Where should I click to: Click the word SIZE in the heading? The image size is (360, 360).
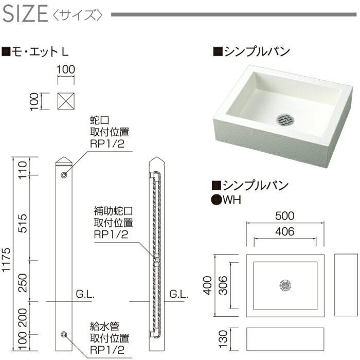(x=25, y=14)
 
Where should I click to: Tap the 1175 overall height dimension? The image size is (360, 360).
(x=6, y=260)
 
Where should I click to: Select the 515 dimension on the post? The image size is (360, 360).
(x=23, y=223)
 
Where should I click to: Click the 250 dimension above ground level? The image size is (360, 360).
(x=23, y=283)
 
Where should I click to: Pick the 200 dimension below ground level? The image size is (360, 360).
(x=23, y=317)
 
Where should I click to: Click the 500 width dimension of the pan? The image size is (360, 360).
(x=285, y=215)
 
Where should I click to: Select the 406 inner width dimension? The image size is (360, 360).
(x=285, y=231)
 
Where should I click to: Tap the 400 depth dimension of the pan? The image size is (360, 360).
(x=208, y=285)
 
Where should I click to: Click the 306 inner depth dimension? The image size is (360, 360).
(x=223, y=285)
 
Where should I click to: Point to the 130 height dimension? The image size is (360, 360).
(x=223, y=339)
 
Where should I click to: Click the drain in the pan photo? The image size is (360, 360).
(x=285, y=120)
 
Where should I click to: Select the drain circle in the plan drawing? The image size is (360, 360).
(x=285, y=285)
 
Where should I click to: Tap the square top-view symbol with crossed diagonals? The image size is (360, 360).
(x=66, y=101)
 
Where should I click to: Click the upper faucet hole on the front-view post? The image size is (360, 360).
(x=64, y=175)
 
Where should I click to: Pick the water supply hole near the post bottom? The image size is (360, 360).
(x=64, y=334)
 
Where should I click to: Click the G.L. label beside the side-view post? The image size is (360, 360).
(x=179, y=294)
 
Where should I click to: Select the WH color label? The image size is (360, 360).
(x=232, y=200)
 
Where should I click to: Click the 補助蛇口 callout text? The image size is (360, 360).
(x=113, y=211)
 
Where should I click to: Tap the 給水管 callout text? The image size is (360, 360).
(x=105, y=327)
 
